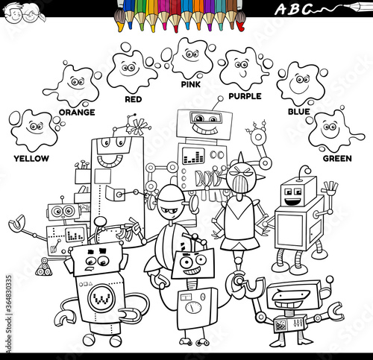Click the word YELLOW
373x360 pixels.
31,159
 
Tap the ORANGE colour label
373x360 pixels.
77,113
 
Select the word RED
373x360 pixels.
134,99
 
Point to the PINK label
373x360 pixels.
191,84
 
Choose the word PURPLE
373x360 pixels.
245,96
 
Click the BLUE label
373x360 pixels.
299,112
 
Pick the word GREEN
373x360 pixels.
337,159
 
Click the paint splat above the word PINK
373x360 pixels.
192,58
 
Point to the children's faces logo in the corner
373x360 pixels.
24,13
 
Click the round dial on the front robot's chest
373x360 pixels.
193,308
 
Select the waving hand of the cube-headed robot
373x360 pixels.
330,189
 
